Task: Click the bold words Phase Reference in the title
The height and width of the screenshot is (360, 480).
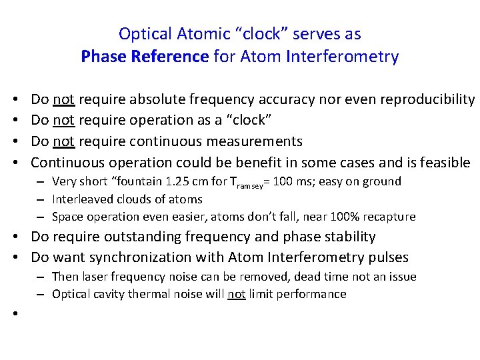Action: click(x=145, y=57)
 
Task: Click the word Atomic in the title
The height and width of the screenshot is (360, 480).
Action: click(x=198, y=33)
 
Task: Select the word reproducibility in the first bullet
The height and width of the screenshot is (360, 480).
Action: click(x=427, y=100)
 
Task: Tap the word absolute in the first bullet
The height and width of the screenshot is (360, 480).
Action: click(x=155, y=100)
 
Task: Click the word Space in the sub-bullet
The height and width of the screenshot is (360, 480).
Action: click(x=67, y=216)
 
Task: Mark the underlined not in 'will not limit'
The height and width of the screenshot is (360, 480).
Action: click(x=236, y=294)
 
